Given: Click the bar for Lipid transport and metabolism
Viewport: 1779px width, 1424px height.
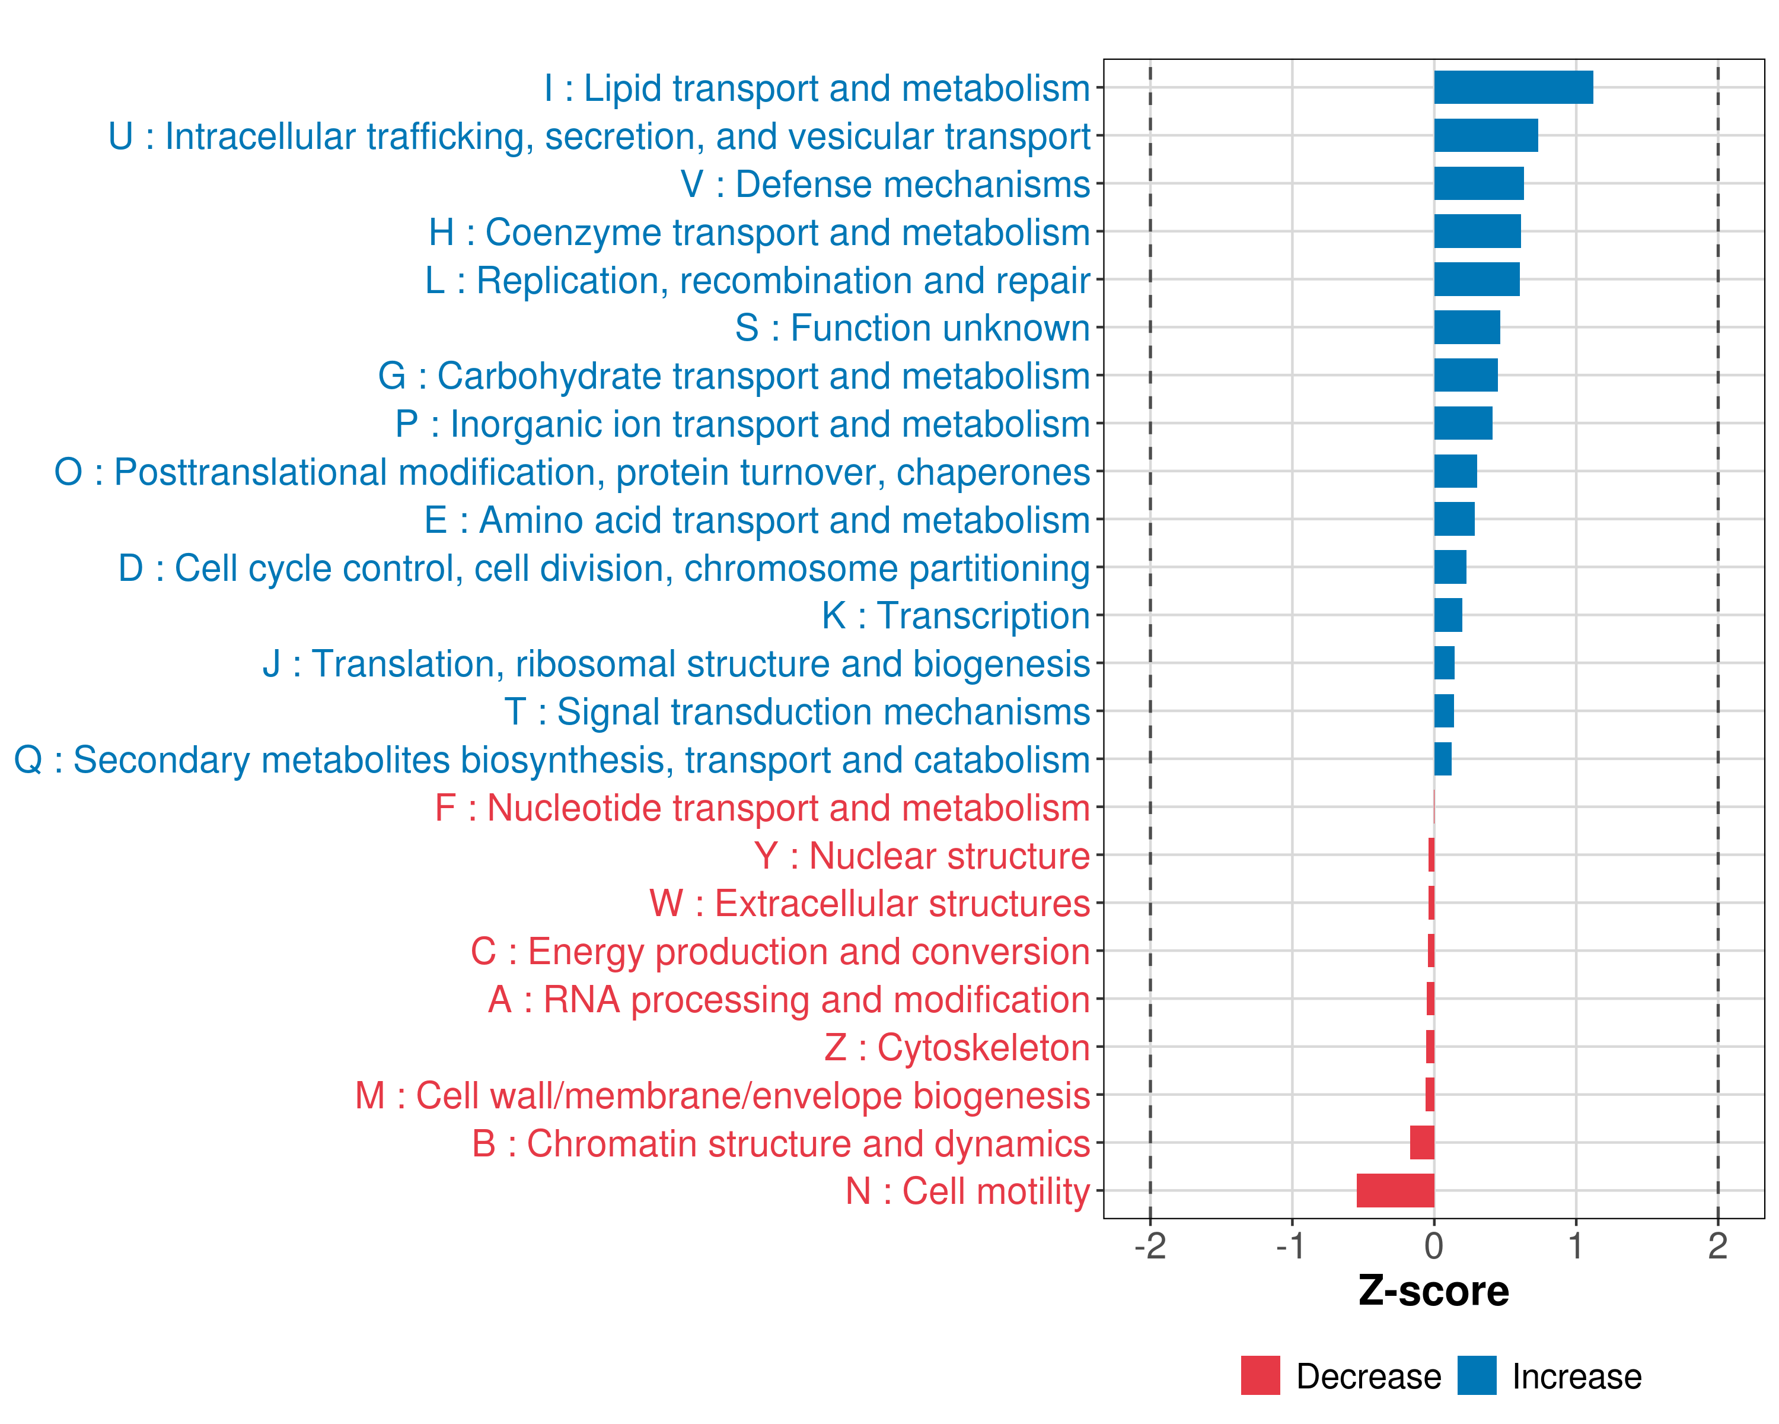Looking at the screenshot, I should (x=1513, y=87).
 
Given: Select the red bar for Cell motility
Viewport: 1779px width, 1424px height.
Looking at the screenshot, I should (x=1395, y=1190).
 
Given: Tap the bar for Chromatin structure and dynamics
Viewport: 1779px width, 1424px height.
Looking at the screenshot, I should (x=1421, y=1143).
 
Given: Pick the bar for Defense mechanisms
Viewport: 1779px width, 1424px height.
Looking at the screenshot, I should (x=1479, y=183).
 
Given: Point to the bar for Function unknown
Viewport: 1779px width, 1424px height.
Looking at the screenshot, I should (x=1467, y=328).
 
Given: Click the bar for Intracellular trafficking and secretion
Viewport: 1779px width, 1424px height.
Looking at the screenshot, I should (x=1485, y=135).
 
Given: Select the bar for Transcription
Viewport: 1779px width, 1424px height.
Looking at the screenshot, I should (x=1448, y=615).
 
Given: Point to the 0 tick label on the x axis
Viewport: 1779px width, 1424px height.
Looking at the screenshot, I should (x=1434, y=1245).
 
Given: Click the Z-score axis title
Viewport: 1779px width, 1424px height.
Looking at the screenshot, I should (x=1433, y=1290).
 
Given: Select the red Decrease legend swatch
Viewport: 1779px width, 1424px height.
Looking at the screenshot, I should (x=1260, y=1375).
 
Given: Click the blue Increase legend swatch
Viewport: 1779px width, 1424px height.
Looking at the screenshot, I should (x=1476, y=1375).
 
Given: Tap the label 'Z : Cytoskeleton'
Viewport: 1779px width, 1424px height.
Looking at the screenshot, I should (x=957, y=1048).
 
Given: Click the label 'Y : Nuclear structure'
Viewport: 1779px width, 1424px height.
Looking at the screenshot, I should (x=922, y=856).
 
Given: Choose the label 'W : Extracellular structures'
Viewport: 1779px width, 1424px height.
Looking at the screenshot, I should (x=870, y=904).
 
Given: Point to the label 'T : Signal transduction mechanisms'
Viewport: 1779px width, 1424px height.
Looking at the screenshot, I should (x=797, y=711).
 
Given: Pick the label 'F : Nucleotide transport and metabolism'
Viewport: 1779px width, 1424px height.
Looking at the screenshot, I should (x=763, y=808).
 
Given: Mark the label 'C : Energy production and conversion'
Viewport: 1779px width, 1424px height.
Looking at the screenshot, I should (x=780, y=952).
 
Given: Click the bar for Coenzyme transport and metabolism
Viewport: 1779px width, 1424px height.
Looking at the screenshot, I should (x=1477, y=231).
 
